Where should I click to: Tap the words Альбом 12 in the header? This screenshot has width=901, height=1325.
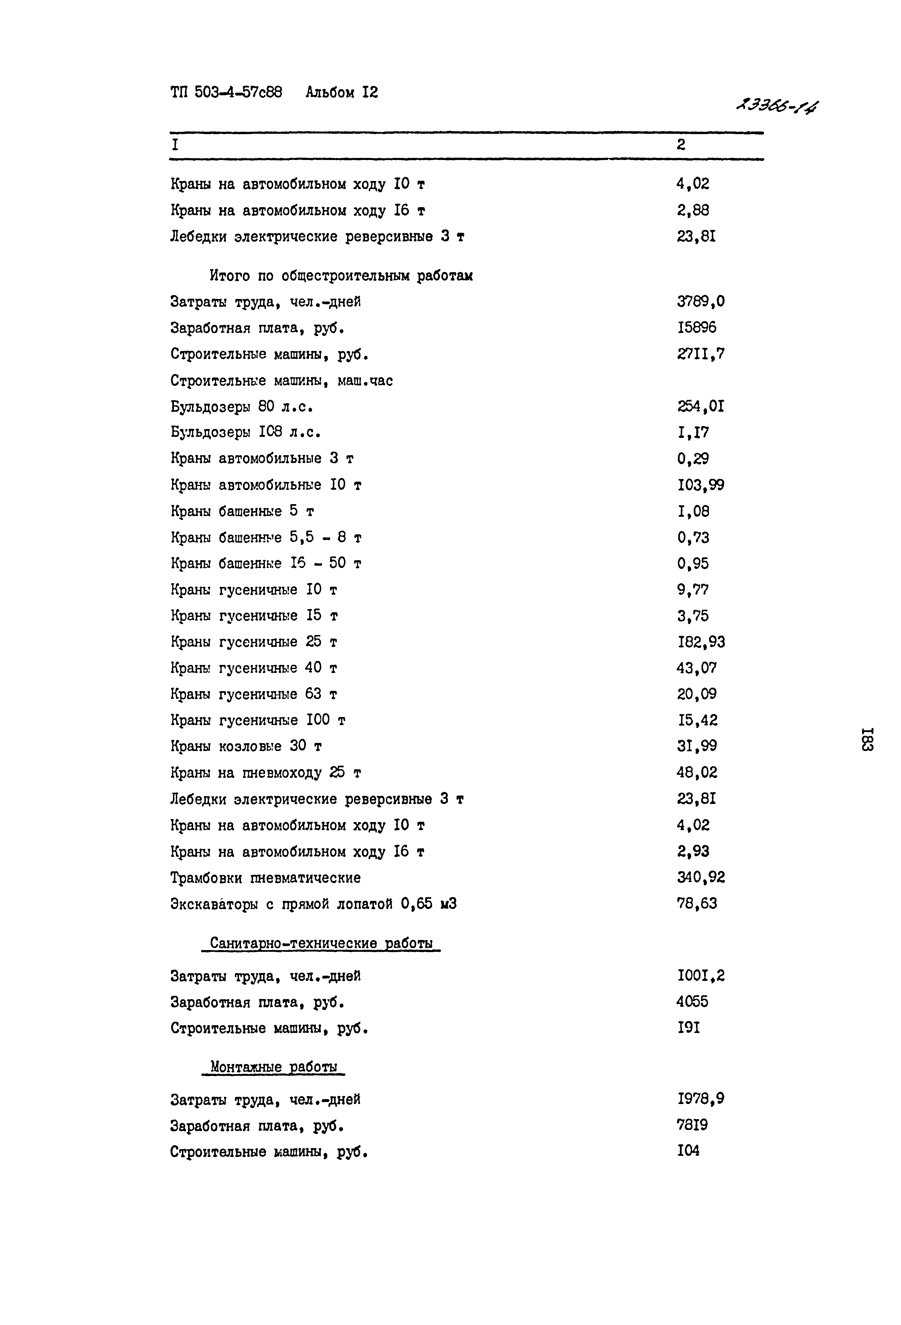coord(342,92)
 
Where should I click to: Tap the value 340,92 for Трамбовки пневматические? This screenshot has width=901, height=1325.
coord(701,877)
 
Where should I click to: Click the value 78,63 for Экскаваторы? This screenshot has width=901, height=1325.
coord(697,903)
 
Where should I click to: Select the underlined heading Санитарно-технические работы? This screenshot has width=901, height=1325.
coord(321,943)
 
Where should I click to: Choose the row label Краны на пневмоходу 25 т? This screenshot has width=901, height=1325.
coord(266,773)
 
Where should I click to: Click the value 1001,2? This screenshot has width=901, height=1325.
coord(701,976)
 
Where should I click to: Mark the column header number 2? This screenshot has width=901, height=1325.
coord(681,145)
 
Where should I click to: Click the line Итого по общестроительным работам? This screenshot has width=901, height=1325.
coord(341,276)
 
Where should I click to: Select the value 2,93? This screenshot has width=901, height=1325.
coord(693,851)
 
